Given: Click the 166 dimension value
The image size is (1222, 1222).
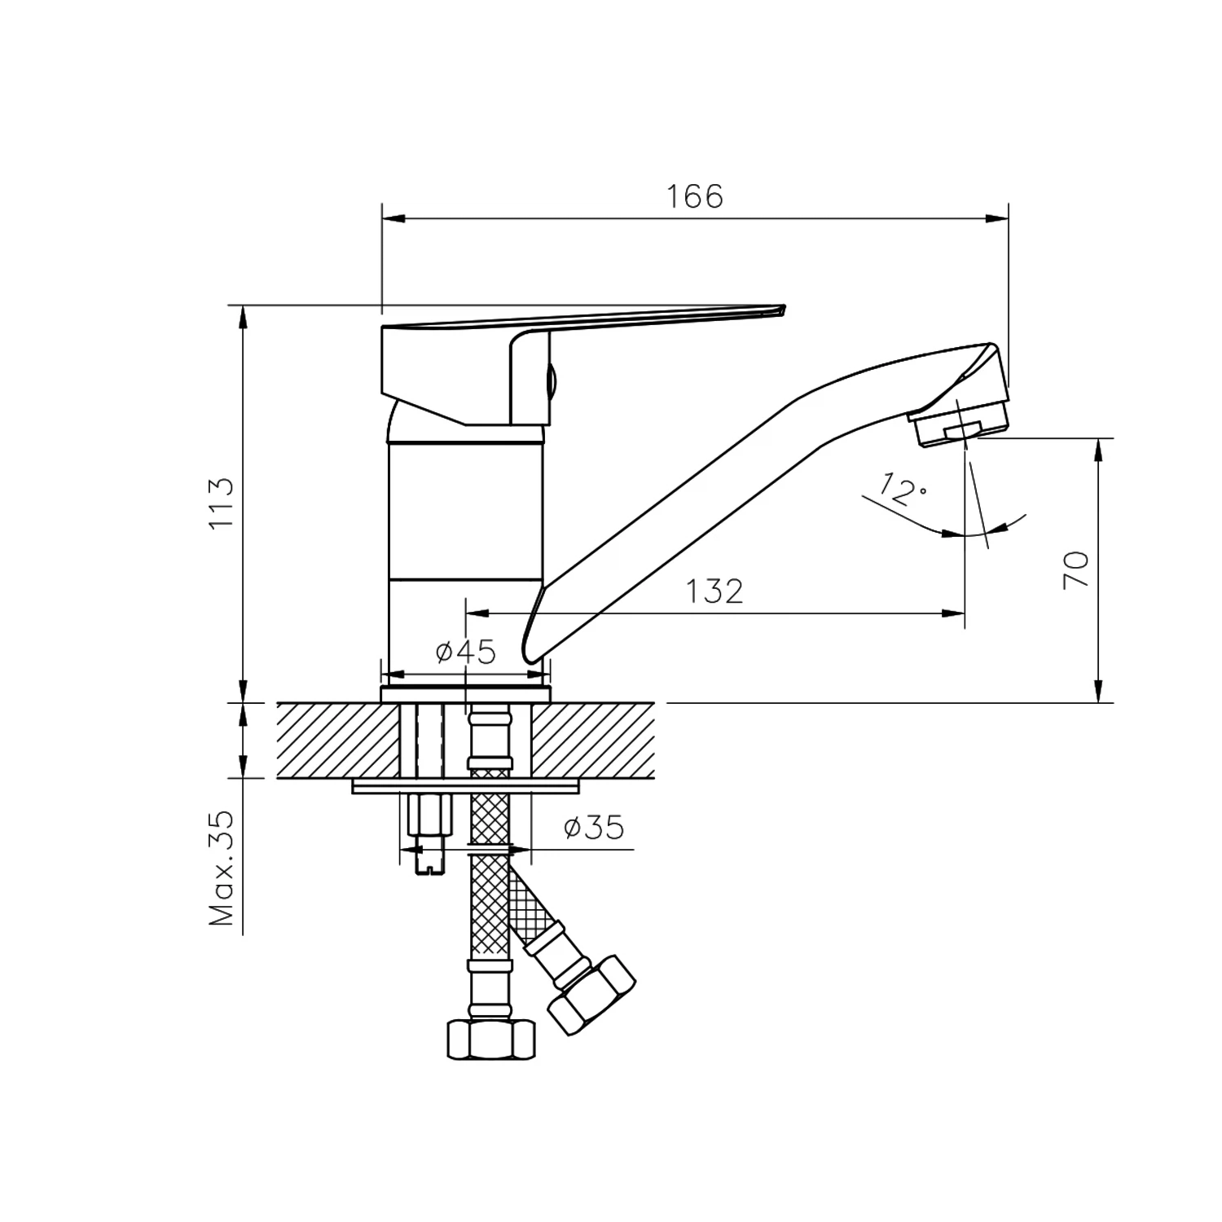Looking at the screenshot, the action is pyautogui.click(x=695, y=196).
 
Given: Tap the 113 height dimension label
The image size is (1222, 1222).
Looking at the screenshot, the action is pyautogui.click(x=222, y=503).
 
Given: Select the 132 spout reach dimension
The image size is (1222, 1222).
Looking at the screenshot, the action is pyautogui.click(x=714, y=591).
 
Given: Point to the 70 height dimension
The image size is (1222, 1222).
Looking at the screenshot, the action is pyautogui.click(x=1075, y=569).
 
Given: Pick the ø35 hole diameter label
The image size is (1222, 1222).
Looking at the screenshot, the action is pyautogui.click(x=594, y=828).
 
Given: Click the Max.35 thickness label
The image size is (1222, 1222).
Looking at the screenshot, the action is pyautogui.click(x=222, y=868).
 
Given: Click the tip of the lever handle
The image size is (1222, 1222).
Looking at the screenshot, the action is pyautogui.click(x=784, y=308).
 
